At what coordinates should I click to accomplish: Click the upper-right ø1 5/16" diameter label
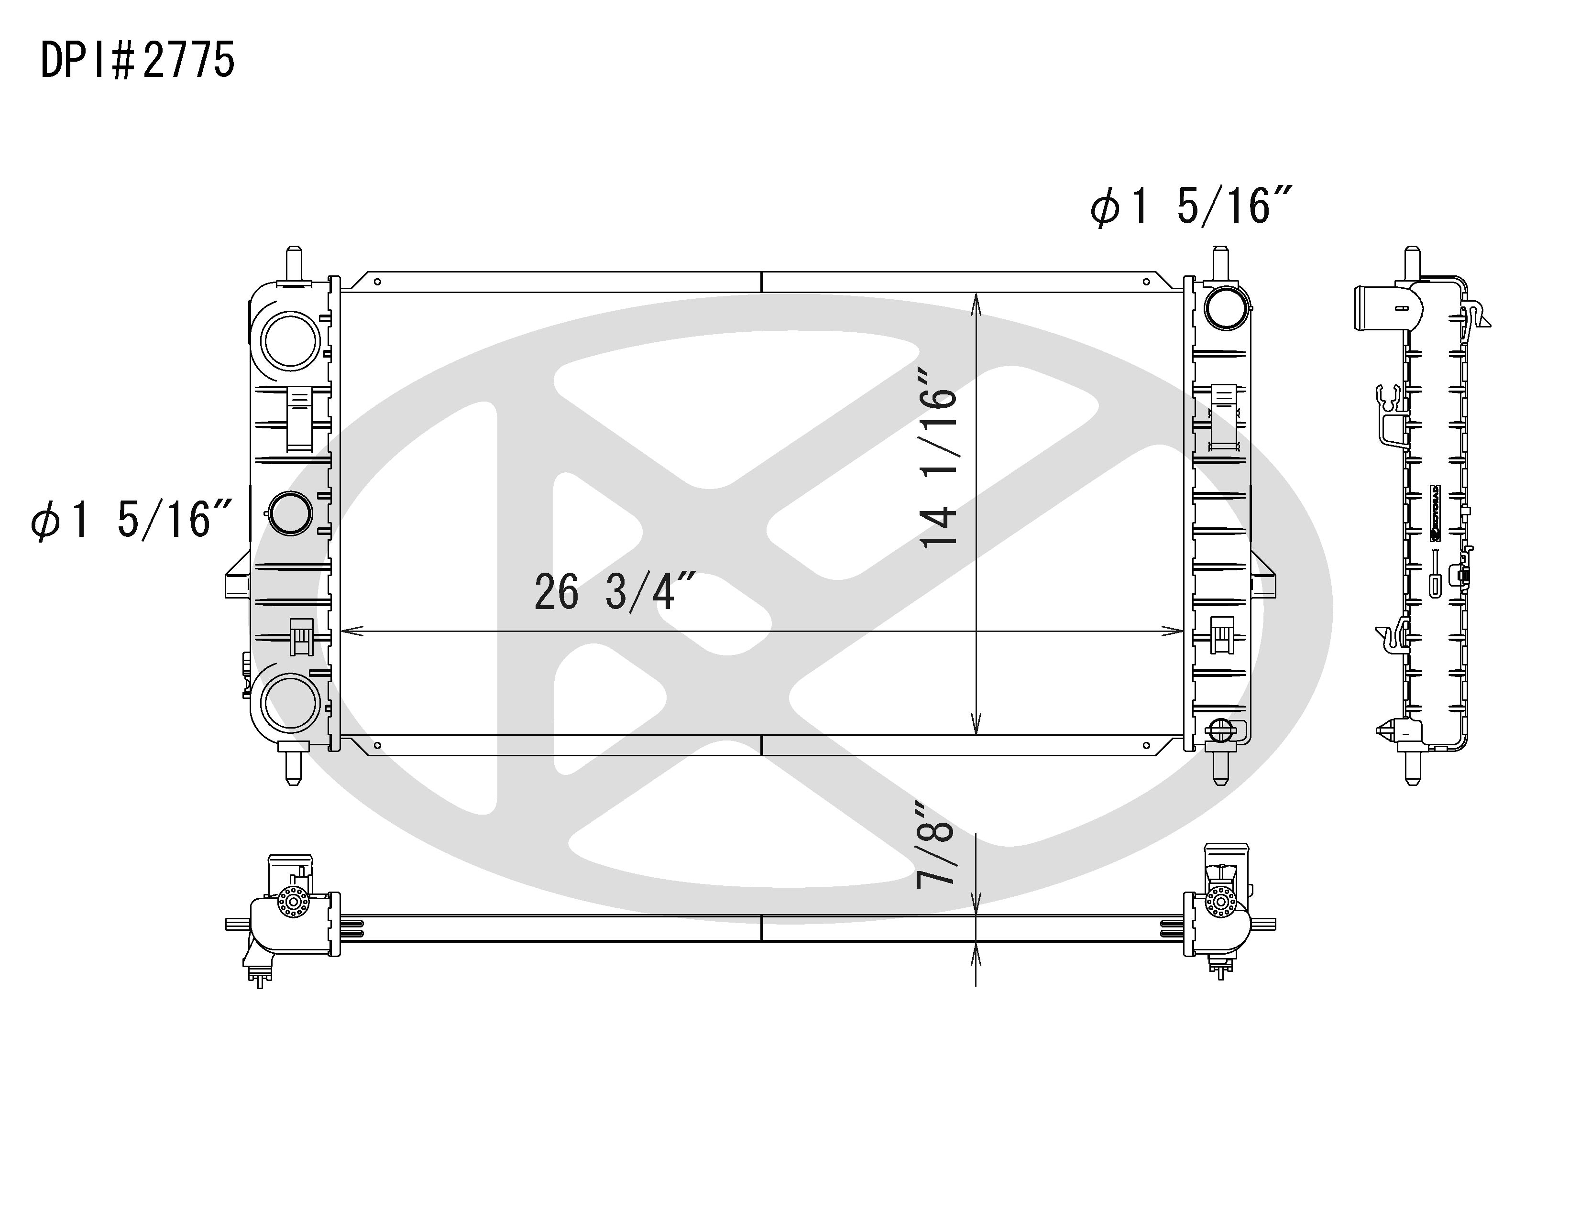click(x=1190, y=206)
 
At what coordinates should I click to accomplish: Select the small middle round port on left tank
click(x=290, y=513)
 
